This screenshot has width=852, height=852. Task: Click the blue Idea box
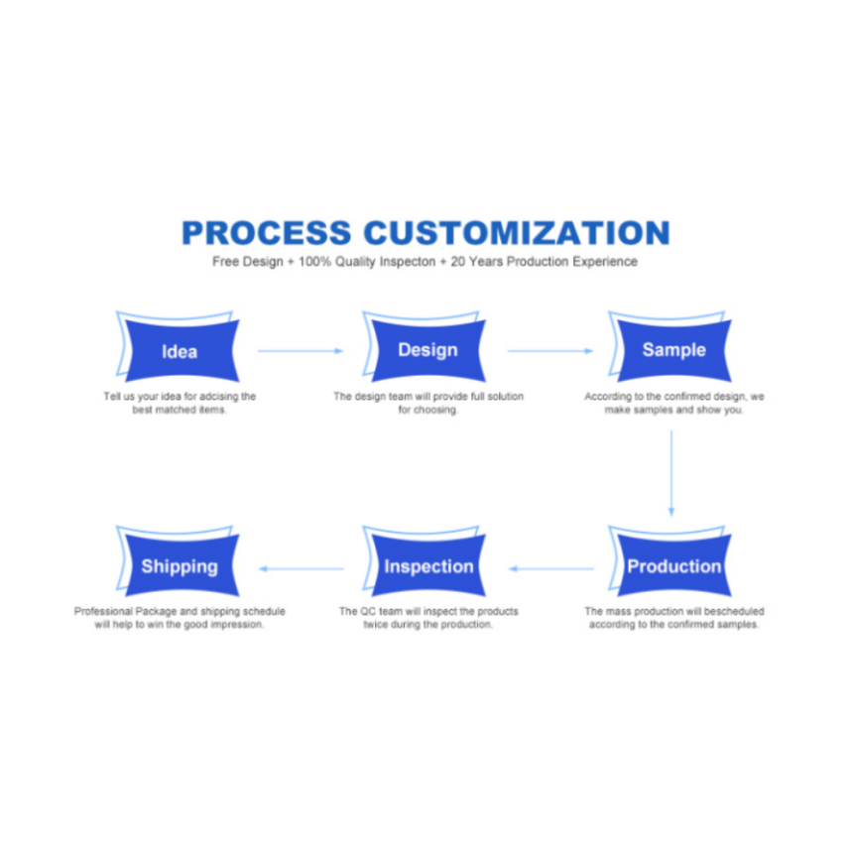coord(180,351)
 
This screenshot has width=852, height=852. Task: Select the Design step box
coord(427,350)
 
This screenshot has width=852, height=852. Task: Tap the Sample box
coord(673,350)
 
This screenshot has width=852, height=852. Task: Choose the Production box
coord(673,566)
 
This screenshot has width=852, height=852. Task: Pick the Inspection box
coord(427,566)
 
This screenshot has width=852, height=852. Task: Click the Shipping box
coord(179,566)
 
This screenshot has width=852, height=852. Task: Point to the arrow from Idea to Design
coord(301,350)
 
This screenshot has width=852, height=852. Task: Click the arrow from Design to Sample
coord(550,350)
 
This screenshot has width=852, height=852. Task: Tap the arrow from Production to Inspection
coord(551,568)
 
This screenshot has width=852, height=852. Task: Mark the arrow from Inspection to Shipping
coord(302,568)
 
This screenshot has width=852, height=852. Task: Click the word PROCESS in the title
coord(266,233)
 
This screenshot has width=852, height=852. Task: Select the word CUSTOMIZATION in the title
coord(516,233)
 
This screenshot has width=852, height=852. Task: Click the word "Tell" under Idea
coord(113,397)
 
